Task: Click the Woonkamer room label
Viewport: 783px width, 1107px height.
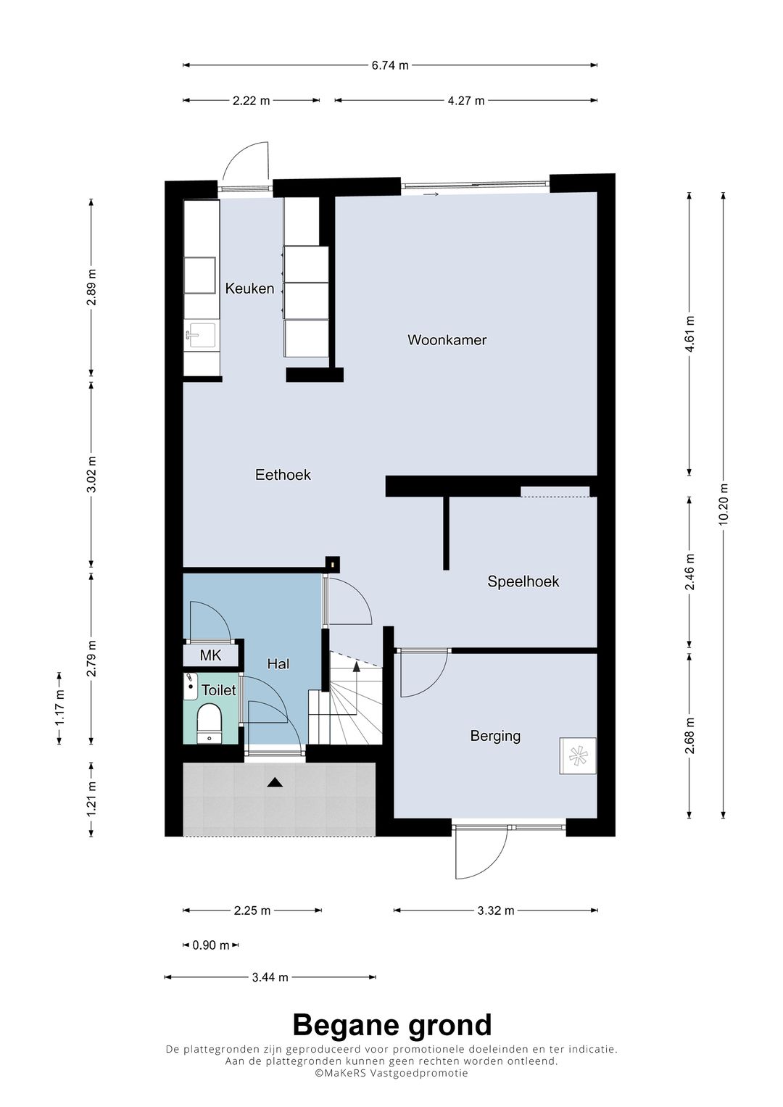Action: tap(447, 340)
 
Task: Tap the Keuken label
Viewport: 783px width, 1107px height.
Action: tap(249, 289)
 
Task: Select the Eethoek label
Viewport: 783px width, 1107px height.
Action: tap(283, 475)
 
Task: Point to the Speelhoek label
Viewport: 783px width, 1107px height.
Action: tap(523, 581)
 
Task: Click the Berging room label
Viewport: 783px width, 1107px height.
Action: tap(495, 737)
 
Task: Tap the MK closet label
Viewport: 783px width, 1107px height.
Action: tap(210, 656)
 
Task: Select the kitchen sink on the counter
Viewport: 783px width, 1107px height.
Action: tap(200, 337)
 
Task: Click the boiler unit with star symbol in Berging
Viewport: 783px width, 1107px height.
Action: tap(577, 755)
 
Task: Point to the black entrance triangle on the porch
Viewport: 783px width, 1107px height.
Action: tap(275, 782)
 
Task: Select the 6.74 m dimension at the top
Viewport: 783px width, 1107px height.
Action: tap(390, 65)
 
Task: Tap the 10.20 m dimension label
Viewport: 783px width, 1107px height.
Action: tap(724, 505)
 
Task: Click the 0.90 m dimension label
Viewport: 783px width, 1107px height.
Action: tap(210, 945)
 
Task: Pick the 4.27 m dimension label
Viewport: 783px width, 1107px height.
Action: tap(465, 101)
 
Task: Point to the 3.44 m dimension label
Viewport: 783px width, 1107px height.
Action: tap(270, 977)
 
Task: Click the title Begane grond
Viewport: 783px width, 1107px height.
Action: tap(392, 1025)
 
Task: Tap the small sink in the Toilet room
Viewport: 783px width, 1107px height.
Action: tap(190, 686)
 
